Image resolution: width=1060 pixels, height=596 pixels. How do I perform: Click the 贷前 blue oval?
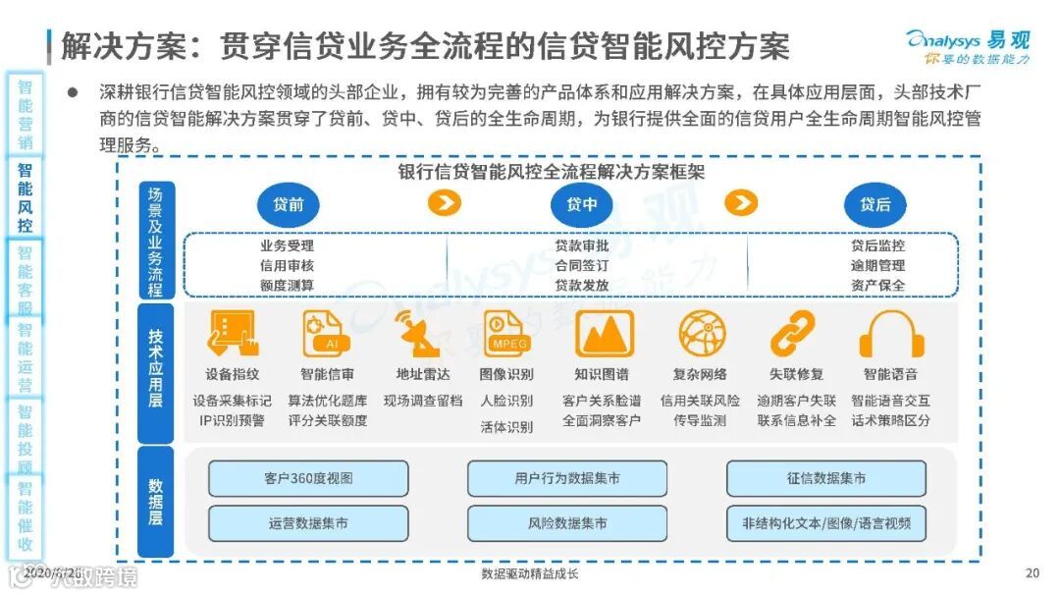pos(289,204)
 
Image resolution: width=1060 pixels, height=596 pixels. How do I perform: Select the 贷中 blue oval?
pos(582,204)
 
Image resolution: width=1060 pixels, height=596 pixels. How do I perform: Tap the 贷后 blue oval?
pos(874,204)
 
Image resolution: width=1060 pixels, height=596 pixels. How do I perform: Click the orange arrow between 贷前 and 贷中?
pos(445,203)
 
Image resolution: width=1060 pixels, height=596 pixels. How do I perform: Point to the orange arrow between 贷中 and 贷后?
pos(741,203)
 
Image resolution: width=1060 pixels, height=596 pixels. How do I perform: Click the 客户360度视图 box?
pos(308,478)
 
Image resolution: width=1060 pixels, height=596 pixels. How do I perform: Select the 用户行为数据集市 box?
pos(567,478)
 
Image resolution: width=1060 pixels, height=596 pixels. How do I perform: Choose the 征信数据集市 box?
pos(825,478)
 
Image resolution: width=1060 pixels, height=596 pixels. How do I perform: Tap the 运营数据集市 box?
pos(308,523)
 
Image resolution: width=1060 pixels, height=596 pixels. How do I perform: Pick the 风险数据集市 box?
pos(567,523)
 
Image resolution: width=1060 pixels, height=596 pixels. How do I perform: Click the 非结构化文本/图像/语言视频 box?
pos(825,523)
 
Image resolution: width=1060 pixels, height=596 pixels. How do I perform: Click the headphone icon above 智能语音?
pos(891,334)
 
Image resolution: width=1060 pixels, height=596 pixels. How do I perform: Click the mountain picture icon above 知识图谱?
pos(604,334)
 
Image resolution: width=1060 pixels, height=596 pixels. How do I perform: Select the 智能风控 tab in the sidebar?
pos(25,196)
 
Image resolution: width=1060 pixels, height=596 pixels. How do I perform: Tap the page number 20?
pos(1031,573)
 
